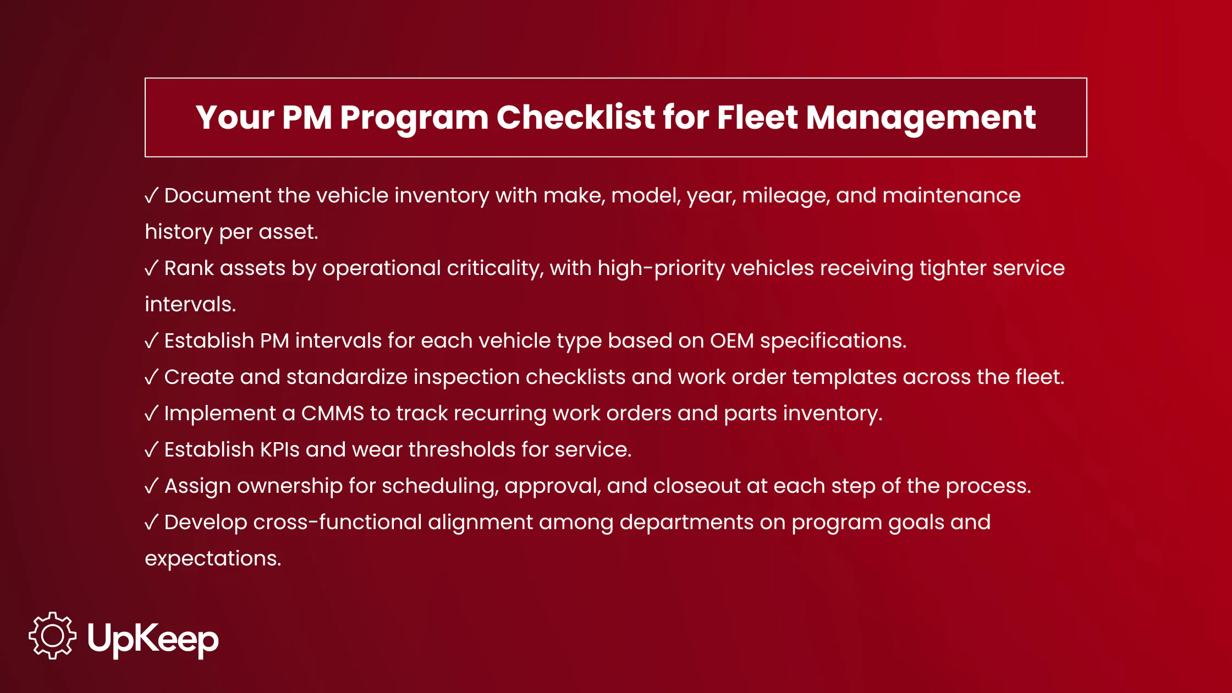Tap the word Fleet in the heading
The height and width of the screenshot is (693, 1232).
click(x=757, y=117)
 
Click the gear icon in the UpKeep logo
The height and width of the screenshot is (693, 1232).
click(x=52, y=636)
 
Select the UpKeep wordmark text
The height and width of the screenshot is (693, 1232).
click(x=153, y=639)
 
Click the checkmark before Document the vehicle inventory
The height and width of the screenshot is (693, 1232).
click(x=152, y=196)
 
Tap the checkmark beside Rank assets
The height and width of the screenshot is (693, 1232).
click(x=152, y=268)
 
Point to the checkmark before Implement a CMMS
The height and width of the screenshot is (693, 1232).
click(x=152, y=414)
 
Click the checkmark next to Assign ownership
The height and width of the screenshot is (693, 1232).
click(x=152, y=486)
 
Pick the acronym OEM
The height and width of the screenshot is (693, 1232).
click(x=732, y=341)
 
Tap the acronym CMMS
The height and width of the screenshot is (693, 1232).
click(x=333, y=414)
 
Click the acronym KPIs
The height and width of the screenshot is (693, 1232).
click(x=279, y=450)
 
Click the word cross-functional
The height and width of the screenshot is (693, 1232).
click(x=338, y=522)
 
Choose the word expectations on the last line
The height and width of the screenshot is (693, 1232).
click(x=213, y=559)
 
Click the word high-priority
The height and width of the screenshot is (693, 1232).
click(x=662, y=269)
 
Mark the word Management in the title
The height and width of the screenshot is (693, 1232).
click(x=921, y=118)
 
